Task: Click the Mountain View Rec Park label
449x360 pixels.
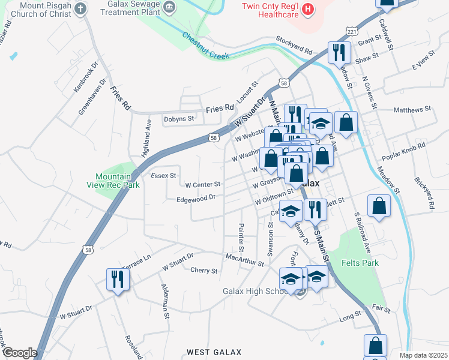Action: coord(117,181)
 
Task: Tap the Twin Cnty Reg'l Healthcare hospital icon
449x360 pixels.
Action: coord(308,8)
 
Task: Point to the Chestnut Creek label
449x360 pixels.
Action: coord(206,46)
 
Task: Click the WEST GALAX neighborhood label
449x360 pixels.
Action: coord(214,352)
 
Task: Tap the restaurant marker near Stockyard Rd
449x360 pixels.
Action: coord(339,52)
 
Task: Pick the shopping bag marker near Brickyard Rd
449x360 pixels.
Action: coord(379,206)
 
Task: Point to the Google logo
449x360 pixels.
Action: coord(20,353)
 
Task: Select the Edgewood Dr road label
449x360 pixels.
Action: coord(196,199)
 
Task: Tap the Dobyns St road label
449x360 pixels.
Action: coord(179,119)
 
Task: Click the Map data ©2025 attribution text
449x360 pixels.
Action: coord(424,355)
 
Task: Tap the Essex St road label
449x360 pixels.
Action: coord(163,176)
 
